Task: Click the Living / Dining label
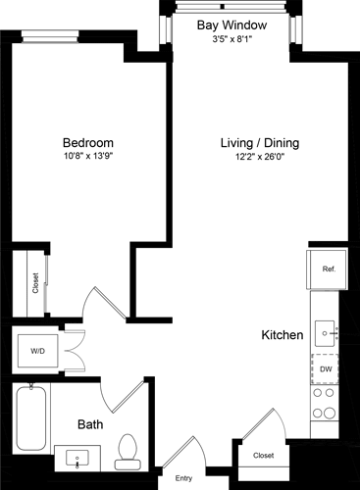click(259, 143)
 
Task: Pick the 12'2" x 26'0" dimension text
click(259, 157)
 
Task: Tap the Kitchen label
click(282, 335)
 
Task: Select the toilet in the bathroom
click(125, 451)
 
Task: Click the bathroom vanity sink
click(77, 457)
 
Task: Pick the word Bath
click(91, 425)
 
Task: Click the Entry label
click(183, 478)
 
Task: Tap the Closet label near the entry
click(263, 456)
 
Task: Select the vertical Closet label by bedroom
click(36, 283)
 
